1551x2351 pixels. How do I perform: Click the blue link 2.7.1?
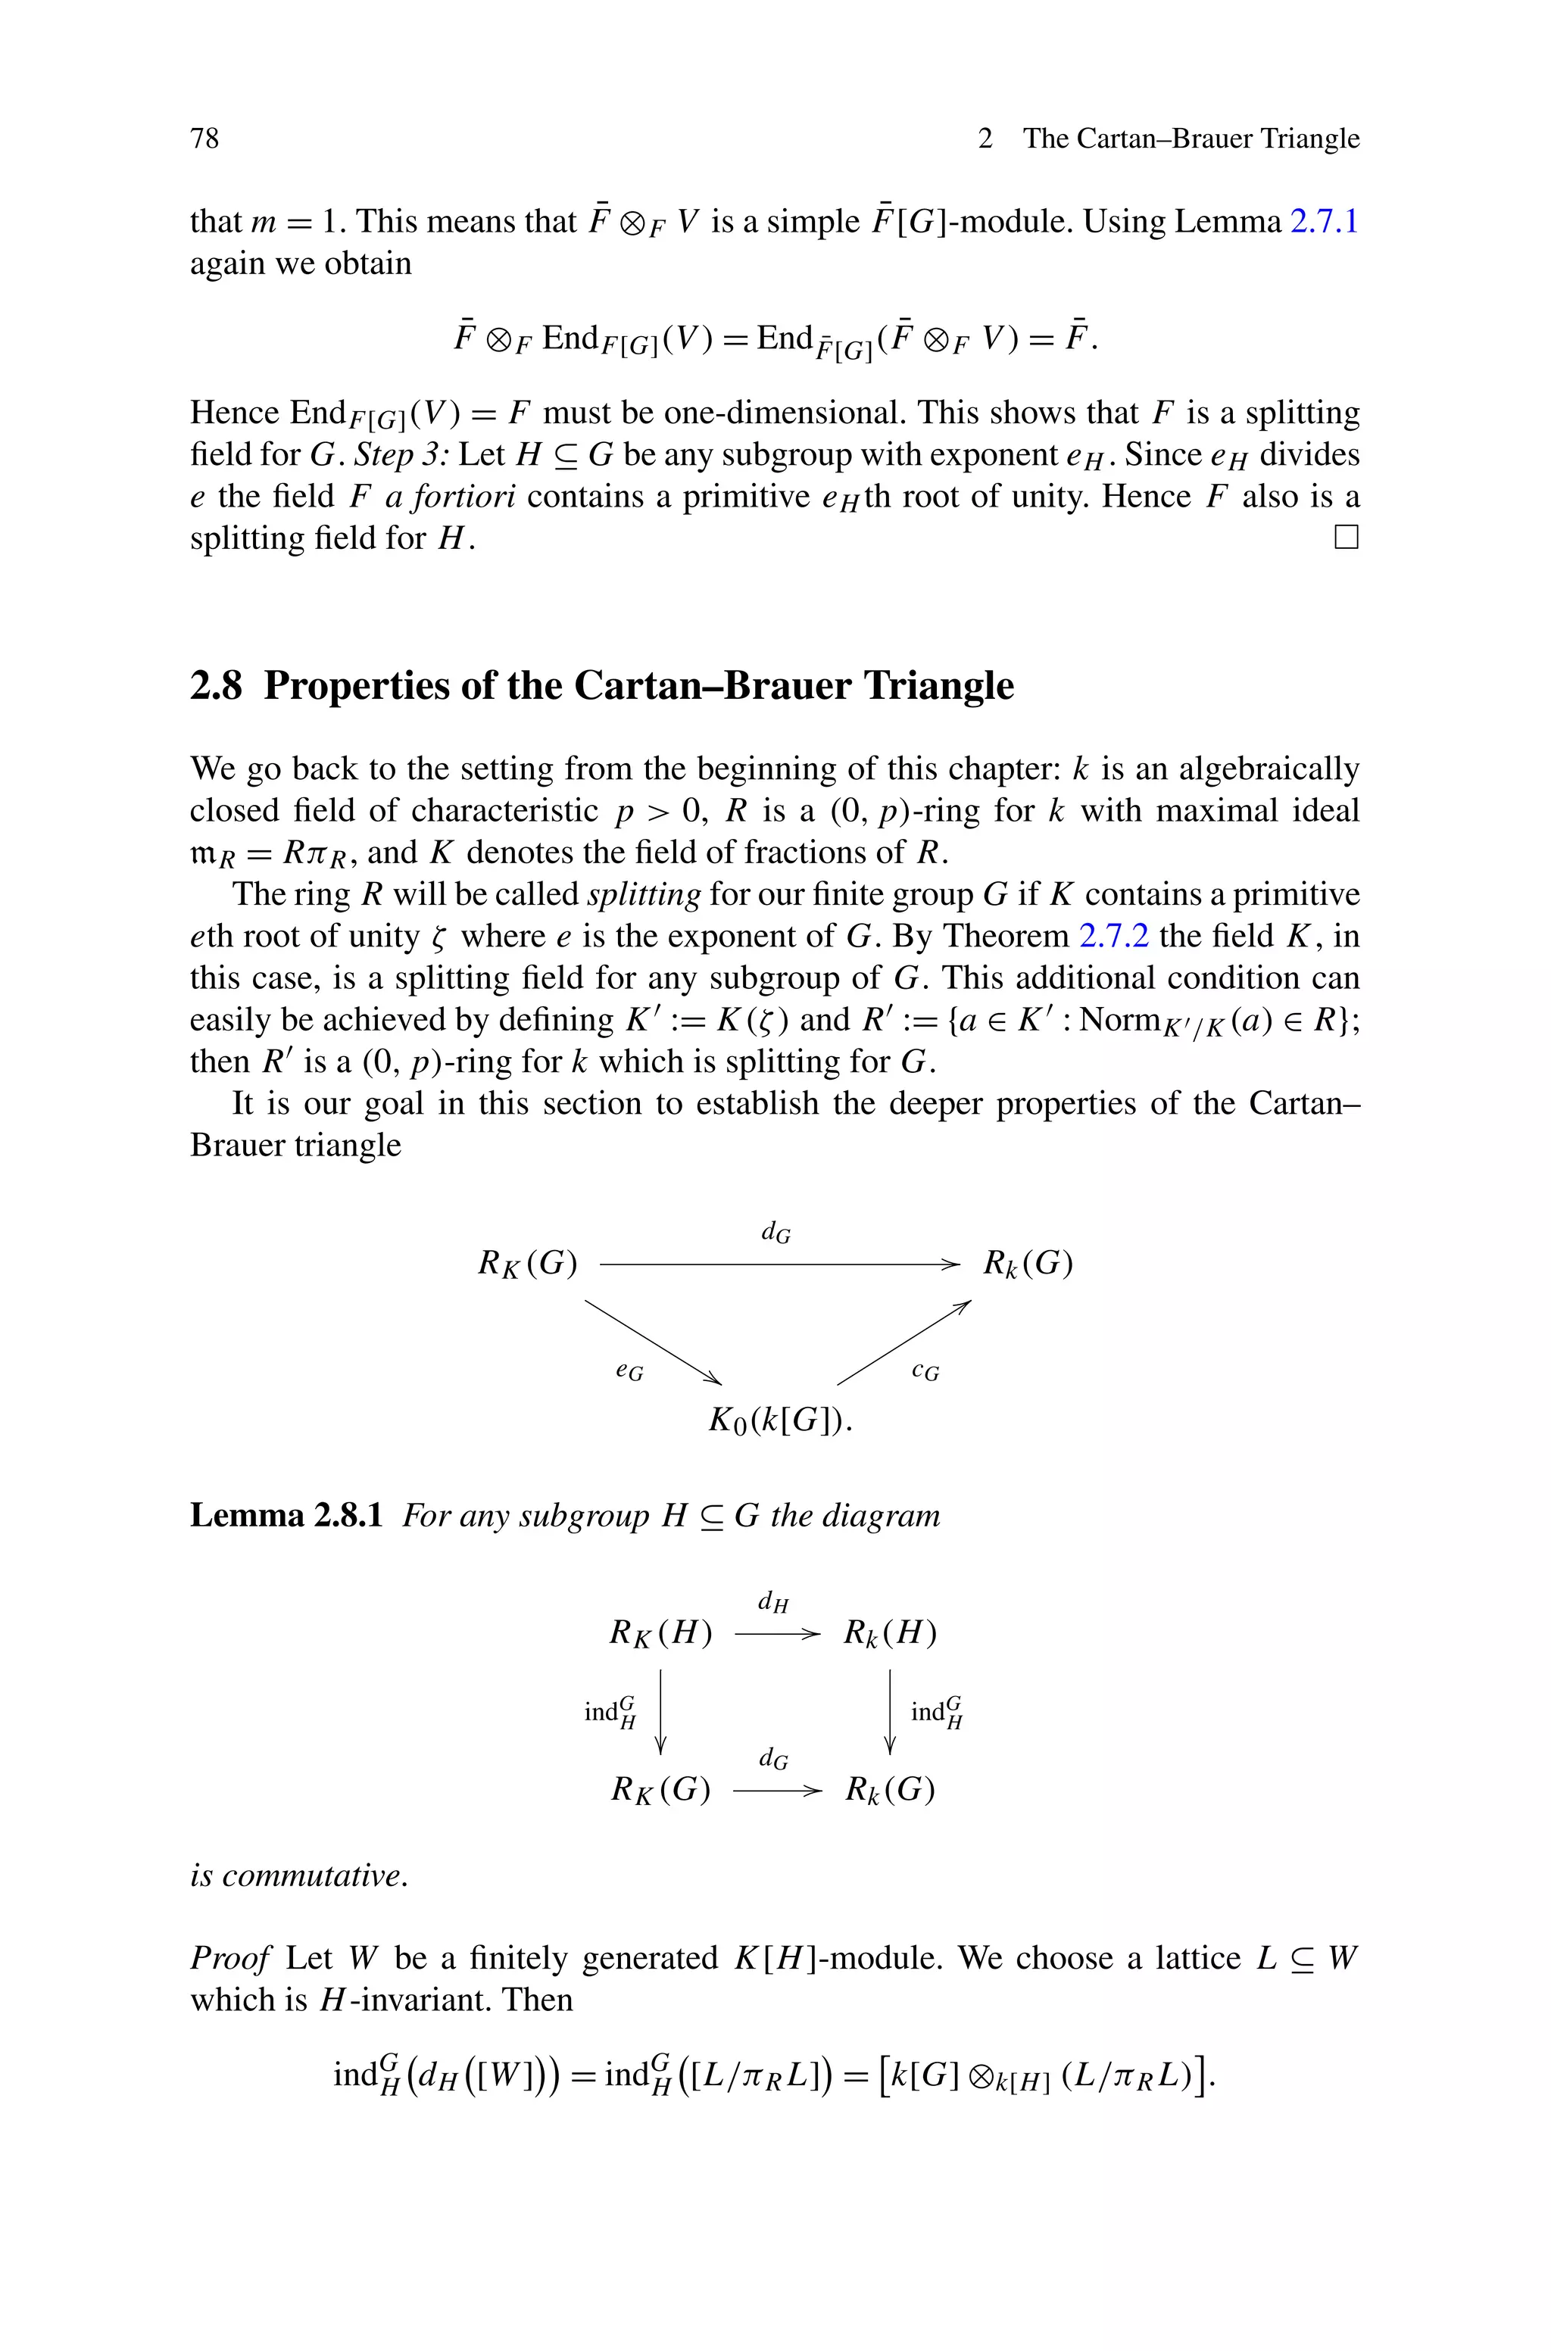[x=1325, y=221]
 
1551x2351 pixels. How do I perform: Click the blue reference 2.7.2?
[x=1113, y=935]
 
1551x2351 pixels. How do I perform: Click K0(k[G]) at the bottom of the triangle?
[x=779, y=1420]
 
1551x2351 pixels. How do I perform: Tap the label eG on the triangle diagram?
[x=629, y=1371]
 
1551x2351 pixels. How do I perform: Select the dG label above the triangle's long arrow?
[x=775, y=1232]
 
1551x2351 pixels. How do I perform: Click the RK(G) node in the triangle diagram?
[x=527, y=1264]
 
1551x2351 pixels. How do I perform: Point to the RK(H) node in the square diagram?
[x=660, y=1632]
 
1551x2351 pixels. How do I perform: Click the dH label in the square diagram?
[x=773, y=1601]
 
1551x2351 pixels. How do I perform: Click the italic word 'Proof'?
[x=229, y=1959]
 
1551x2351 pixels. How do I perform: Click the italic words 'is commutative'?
[x=298, y=1875]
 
